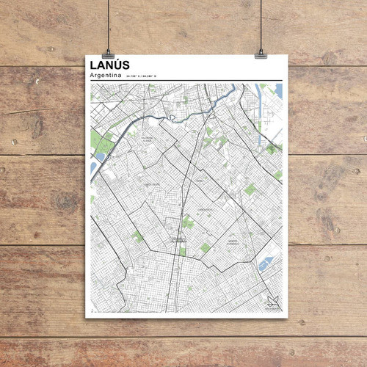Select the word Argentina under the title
pyautogui.click(x=104, y=76)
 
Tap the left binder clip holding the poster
pyautogui.click(x=109, y=54)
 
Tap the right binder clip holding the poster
pyautogui.click(x=261, y=53)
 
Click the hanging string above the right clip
pyautogui.click(x=261, y=22)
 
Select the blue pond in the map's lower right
pyautogui.click(x=265, y=263)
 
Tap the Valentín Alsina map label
pyautogui.click(x=147, y=138)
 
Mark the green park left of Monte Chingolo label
pyautogui.click(x=206, y=248)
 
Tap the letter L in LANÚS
pyautogui.click(x=91, y=66)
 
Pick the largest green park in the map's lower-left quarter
pyautogui.click(x=138, y=236)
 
